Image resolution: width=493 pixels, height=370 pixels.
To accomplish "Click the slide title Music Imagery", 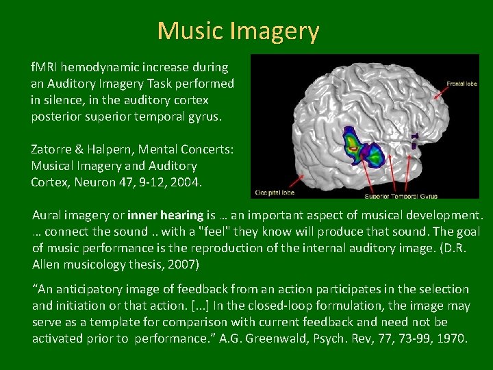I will tap(238, 31).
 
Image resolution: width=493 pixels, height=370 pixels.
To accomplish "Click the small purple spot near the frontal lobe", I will tap(415, 141).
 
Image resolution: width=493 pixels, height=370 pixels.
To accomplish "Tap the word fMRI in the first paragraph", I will tap(44, 68).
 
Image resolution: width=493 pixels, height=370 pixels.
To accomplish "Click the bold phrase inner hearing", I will tap(176, 215).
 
